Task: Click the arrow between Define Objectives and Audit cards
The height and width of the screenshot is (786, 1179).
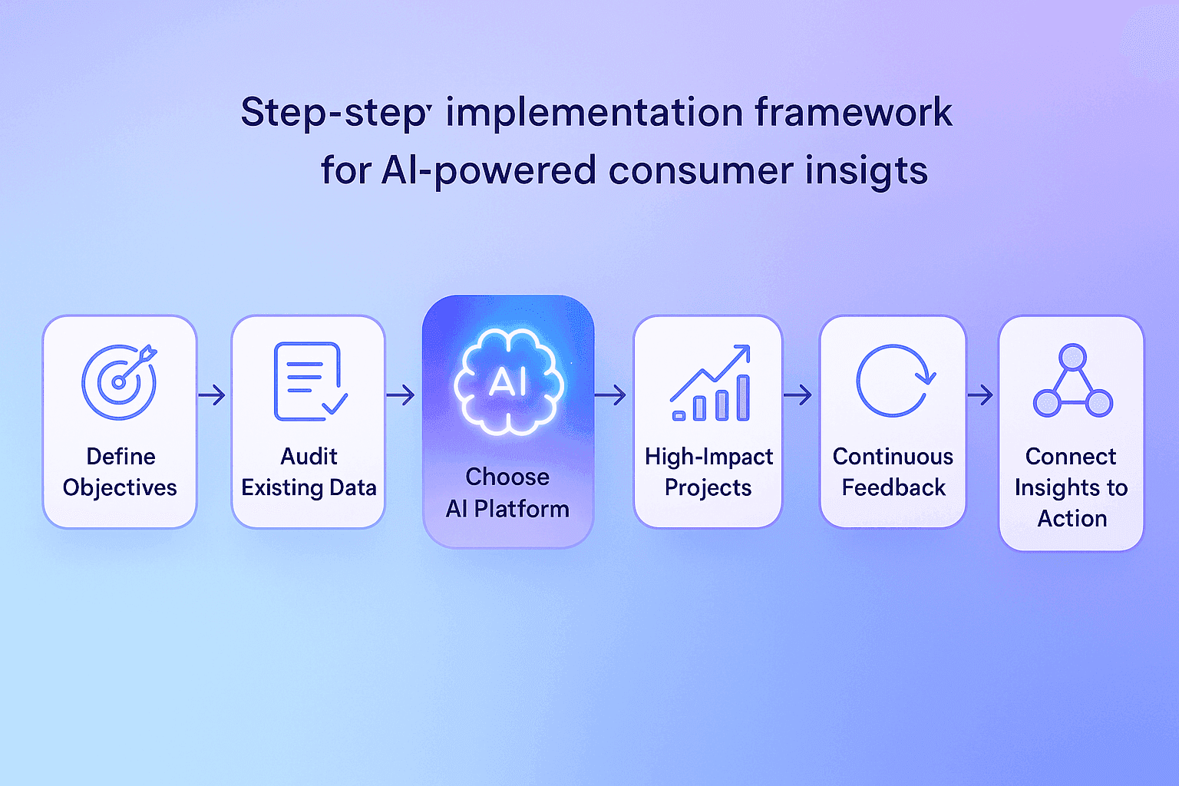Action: (x=212, y=395)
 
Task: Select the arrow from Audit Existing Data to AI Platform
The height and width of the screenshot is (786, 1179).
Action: (x=401, y=395)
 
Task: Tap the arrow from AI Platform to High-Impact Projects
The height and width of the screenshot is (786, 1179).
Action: (x=610, y=395)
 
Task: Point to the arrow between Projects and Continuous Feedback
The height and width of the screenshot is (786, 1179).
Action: (x=798, y=395)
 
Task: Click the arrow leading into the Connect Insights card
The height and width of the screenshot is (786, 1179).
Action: (x=980, y=395)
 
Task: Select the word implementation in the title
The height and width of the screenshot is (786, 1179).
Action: (x=594, y=113)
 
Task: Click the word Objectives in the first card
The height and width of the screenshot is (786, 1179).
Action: (x=120, y=488)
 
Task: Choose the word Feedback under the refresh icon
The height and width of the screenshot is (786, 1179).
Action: (x=893, y=487)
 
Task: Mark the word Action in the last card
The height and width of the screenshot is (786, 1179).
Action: (x=1072, y=519)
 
